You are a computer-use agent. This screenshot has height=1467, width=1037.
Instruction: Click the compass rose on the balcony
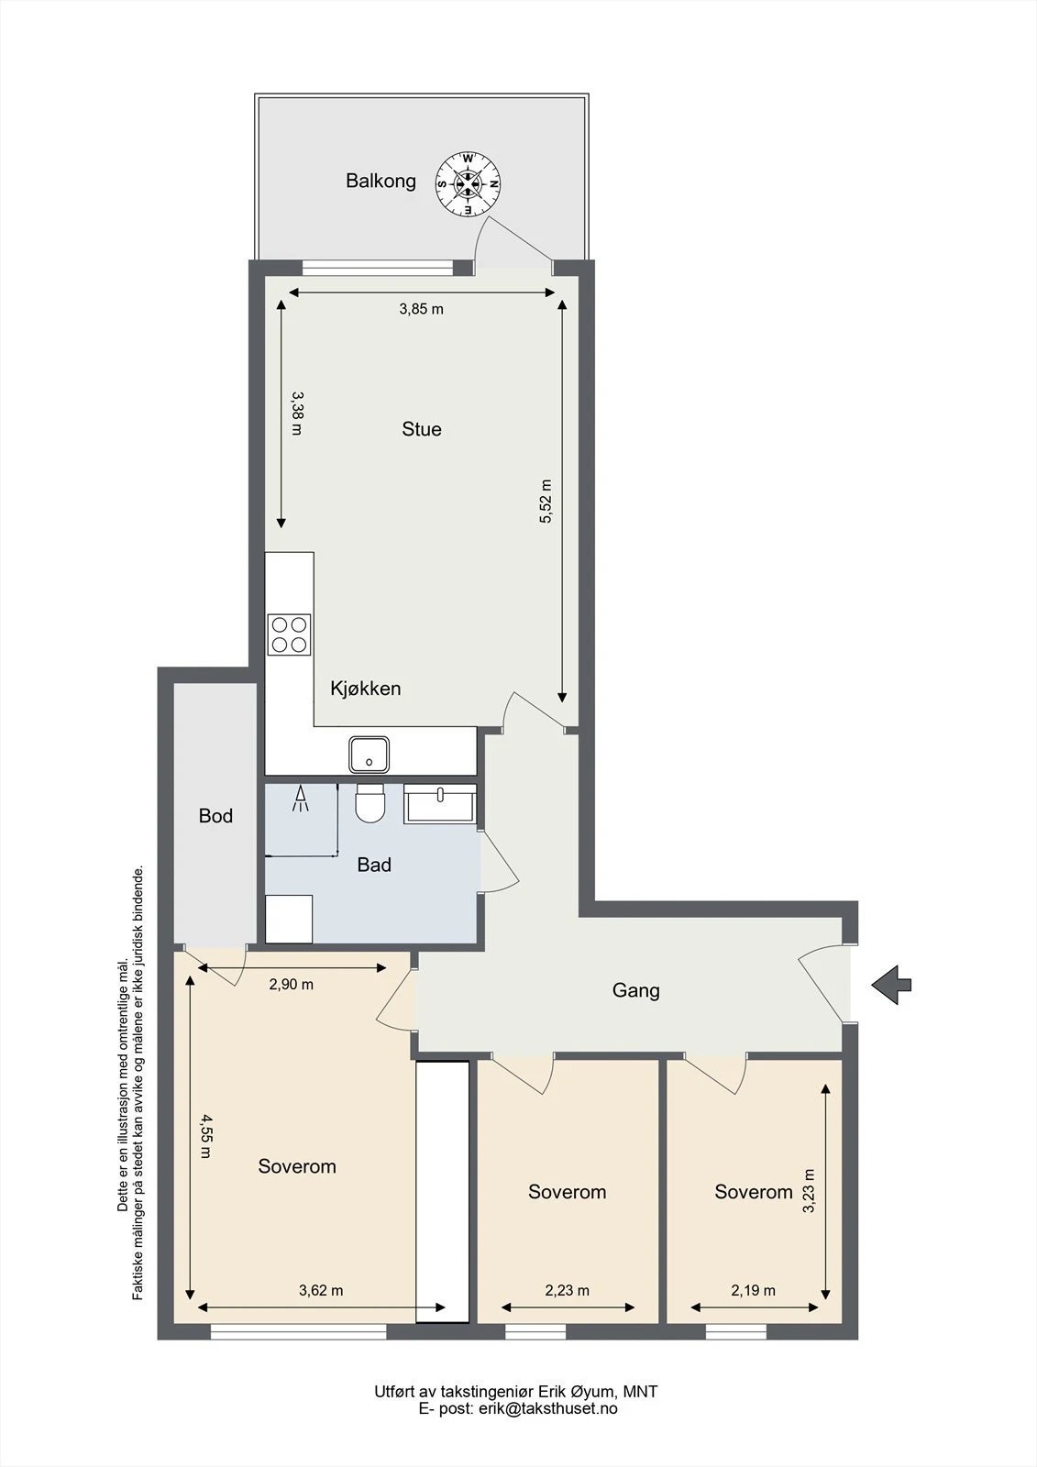(x=469, y=184)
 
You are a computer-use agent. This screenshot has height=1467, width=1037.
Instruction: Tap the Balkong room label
(x=381, y=181)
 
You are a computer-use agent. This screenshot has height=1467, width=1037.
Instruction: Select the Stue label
(x=421, y=429)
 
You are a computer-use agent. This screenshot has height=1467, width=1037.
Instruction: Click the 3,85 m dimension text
(x=421, y=308)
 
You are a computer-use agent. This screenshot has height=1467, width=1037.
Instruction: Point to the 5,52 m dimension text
(x=546, y=501)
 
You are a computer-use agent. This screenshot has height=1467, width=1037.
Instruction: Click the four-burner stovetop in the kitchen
(x=289, y=634)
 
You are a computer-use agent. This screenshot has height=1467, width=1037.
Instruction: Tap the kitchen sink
(x=369, y=754)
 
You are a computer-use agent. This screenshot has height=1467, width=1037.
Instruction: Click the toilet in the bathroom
(x=370, y=803)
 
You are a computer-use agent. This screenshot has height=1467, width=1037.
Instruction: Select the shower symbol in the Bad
(x=301, y=798)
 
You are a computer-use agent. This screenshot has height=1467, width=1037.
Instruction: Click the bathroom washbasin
(x=439, y=803)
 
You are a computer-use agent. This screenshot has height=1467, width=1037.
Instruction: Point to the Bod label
(x=215, y=815)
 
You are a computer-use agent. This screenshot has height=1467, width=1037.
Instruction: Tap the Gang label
(x=635, y=989)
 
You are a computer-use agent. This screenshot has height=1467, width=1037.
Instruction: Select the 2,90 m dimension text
(x=291, y=984)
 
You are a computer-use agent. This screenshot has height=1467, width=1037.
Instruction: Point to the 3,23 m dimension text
(x=809, y=1191)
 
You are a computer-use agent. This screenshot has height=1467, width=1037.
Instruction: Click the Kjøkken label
(x=365, y=689)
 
